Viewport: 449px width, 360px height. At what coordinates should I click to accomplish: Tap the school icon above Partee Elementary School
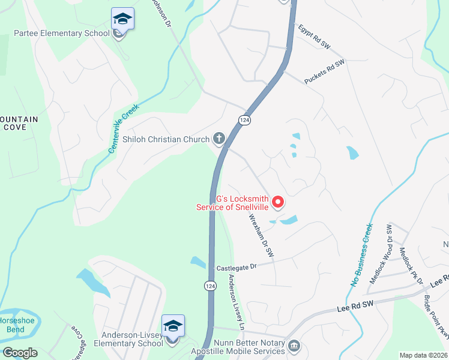[x=122, y=19]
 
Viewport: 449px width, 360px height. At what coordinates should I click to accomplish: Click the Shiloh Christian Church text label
[x=166, y=139]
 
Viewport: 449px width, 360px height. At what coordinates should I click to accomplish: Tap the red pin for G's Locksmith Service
[x=278, y=203]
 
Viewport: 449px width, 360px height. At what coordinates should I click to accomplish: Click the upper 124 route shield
[x=246, y=121]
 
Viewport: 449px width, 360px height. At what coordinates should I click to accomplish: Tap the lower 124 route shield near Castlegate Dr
[x=209, y=286]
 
